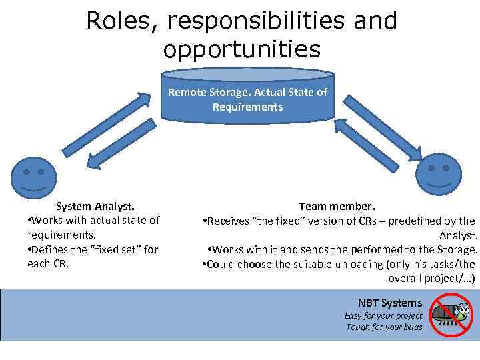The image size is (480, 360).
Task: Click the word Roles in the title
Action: [x=119, y=21]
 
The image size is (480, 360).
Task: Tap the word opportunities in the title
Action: [x=241, y=49]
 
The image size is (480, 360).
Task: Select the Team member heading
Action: [x=337, y=206]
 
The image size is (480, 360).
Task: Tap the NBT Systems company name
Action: [x=390, y=303]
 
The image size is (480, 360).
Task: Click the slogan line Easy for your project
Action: [x=383, y=315]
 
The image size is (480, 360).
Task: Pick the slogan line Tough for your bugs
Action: [x=384, y=327]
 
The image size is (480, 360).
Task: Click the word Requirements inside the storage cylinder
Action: [x=247, y=107]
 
